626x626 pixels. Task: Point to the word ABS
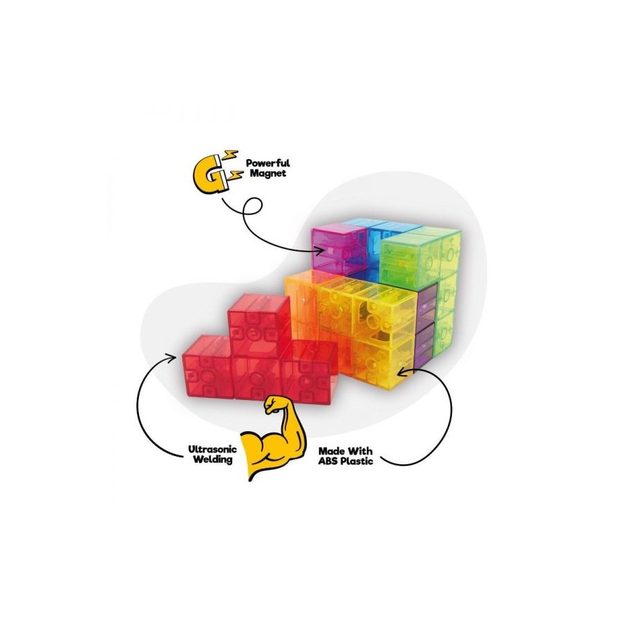click(x=329, y=459)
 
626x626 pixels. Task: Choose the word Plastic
click(x=357, y=459)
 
